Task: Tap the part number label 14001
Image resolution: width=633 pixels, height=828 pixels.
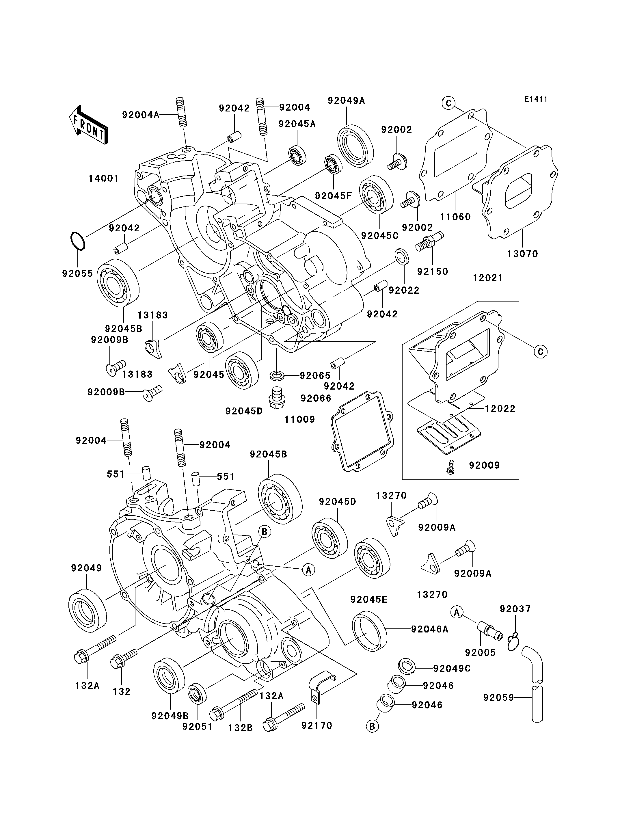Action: tap(104, 179)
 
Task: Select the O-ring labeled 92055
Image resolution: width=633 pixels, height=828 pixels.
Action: tap(78, 241)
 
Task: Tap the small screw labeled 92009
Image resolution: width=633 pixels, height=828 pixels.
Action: tap(450, 467)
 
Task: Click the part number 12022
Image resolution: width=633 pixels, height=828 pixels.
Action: tap(500, 409)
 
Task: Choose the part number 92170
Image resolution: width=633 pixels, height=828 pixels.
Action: tap(316, 725)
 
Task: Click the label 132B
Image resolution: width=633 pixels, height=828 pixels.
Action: tap(240, 728)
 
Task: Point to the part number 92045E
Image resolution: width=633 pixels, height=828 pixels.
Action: tap(368, 599)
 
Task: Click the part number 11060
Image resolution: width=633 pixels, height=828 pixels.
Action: tap(455, 217)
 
